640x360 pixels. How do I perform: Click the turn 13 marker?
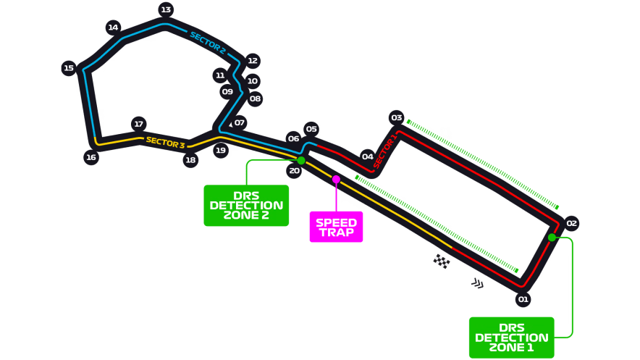(166, 10)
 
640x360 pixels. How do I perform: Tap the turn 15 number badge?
(69, 69)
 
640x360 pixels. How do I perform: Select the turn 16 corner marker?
(90, 157)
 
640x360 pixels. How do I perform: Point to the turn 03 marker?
(396, 117)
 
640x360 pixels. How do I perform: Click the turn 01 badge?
(523, 298)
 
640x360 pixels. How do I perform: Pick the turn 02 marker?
(571, 223)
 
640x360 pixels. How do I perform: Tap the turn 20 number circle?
(293, 171)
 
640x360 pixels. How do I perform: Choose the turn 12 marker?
(253, 61)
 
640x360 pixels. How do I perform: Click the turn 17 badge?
(139, 124)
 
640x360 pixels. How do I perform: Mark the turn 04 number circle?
(368, 156)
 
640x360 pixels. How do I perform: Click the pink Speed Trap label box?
(337, 227)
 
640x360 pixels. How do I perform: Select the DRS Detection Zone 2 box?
(246, 205)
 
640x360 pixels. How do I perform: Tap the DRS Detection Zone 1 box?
(511, 337)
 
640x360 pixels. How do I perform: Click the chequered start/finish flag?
(442, 261)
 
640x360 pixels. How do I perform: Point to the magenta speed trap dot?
(336, 179)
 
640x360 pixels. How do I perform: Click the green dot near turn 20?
(301, 160)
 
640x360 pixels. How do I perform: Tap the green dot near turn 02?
(552, 238)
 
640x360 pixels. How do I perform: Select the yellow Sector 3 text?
(165, 143)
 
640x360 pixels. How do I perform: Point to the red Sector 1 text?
(384, 151)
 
